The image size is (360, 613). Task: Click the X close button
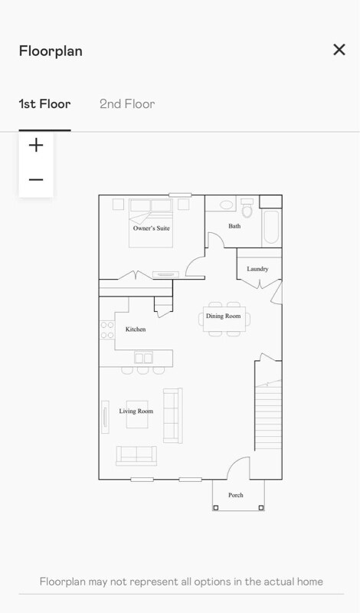pos(339,50)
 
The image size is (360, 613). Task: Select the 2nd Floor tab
pos(127,104)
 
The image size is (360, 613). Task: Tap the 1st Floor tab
pos(44,104)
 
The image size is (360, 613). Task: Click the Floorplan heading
pos(51,51)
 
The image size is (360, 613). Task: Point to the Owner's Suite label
pos(151,228)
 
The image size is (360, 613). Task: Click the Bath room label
pos(234,226)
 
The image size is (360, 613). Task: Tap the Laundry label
pos(257,269)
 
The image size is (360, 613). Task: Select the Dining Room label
pos(223,316)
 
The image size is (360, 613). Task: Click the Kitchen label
pos(136,329)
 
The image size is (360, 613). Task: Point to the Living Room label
pos(136,411)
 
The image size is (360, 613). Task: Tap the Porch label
pos(236,495)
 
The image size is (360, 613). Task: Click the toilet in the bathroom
pos(247,208)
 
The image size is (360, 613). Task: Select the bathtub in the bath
pos(271,228)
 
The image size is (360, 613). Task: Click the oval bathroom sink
pos(226,205)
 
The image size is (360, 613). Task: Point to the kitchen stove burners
pos(107,329)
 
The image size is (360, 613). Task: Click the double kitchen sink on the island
pos(143,358)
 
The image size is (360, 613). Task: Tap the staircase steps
pos(268,415)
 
